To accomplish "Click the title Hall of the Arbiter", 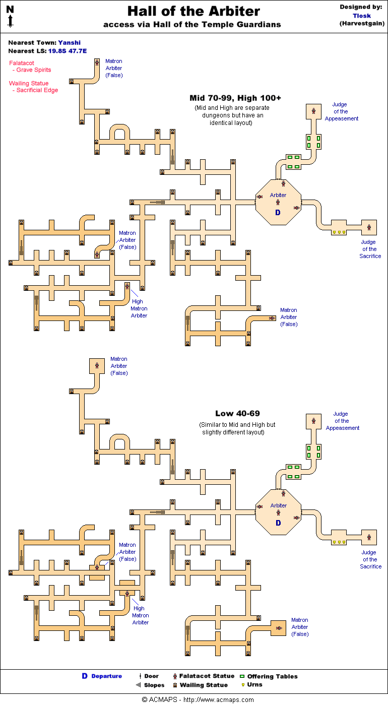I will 193,12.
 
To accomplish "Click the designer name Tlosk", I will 361,16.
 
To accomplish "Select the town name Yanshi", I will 69,43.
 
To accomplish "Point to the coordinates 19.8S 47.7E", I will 67,51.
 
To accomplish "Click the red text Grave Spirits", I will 33,70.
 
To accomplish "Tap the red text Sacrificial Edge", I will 37,90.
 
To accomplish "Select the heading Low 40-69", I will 237,414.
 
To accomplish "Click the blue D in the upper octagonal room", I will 278,213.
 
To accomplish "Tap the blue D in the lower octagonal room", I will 278,524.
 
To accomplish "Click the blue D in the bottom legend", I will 85,676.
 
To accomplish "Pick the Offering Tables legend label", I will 272,676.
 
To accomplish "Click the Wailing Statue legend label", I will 204,685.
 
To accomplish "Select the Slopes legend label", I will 154,685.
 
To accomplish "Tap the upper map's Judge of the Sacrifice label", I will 370,249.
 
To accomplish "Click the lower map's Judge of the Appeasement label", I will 342,421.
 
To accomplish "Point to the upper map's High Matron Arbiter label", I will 139,308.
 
